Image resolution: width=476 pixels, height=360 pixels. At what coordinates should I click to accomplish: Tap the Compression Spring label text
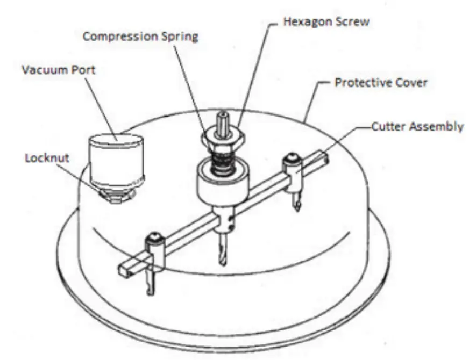coord(140,37)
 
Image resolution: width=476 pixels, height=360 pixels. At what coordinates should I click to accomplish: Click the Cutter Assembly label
coord(417,127)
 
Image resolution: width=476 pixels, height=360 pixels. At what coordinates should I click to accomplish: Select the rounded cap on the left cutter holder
coord(155,236)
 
